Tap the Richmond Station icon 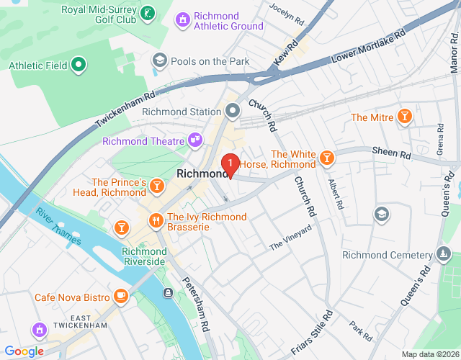click(233, 111)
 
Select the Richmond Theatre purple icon click(194, 140)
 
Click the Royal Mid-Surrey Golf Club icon click(147, 12)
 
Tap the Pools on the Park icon click(159, 60)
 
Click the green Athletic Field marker click(79, 66)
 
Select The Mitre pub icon click(406, 117)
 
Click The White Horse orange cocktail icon click(326, 157)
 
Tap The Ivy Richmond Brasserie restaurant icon click(154, 220)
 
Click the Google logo click(24, 351)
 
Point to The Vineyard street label click(290, 238)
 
